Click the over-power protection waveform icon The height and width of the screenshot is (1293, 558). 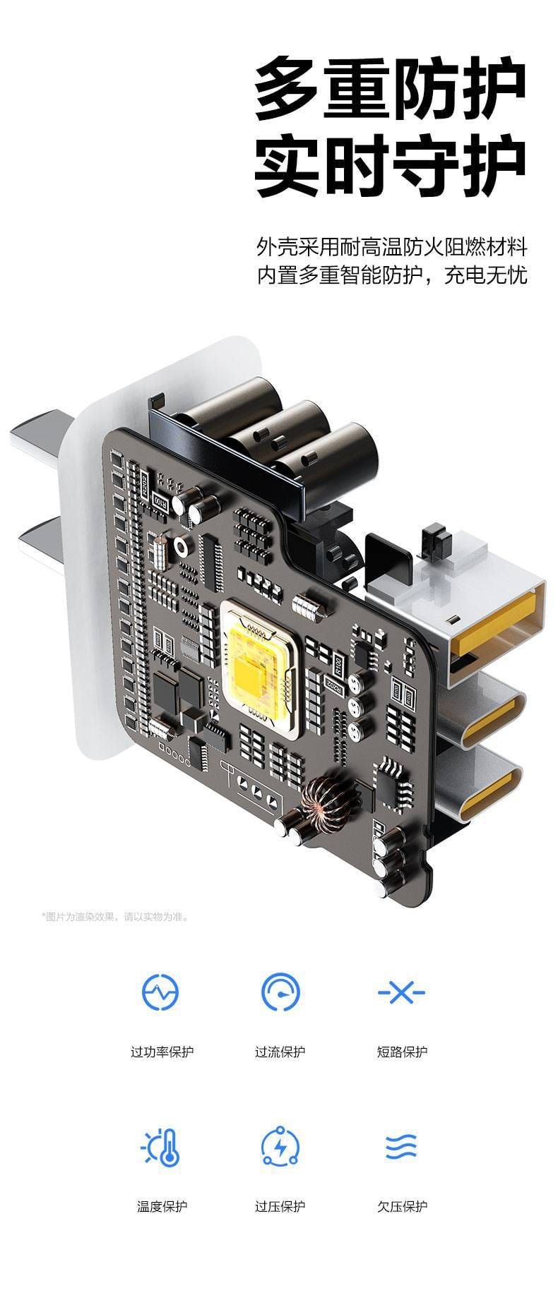click(160, 992)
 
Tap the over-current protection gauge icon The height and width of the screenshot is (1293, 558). click(280, 992)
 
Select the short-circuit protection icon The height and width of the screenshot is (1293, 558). click(401, 992)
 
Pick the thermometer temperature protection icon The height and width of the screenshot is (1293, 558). click(162, 1147)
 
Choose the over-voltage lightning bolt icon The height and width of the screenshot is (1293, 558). click(280, 1147)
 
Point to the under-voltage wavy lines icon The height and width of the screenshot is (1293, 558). click(401, 1147)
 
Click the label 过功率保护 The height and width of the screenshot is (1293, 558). click(162, 1052)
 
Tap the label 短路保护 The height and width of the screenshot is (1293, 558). click(401, 1052)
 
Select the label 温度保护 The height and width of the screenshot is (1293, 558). click(162, 1206)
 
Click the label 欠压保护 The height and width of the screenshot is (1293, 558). click(401, 1206)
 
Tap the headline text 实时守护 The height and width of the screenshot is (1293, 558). click(391, 168)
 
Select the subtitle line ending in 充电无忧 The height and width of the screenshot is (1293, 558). click(392, 275)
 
